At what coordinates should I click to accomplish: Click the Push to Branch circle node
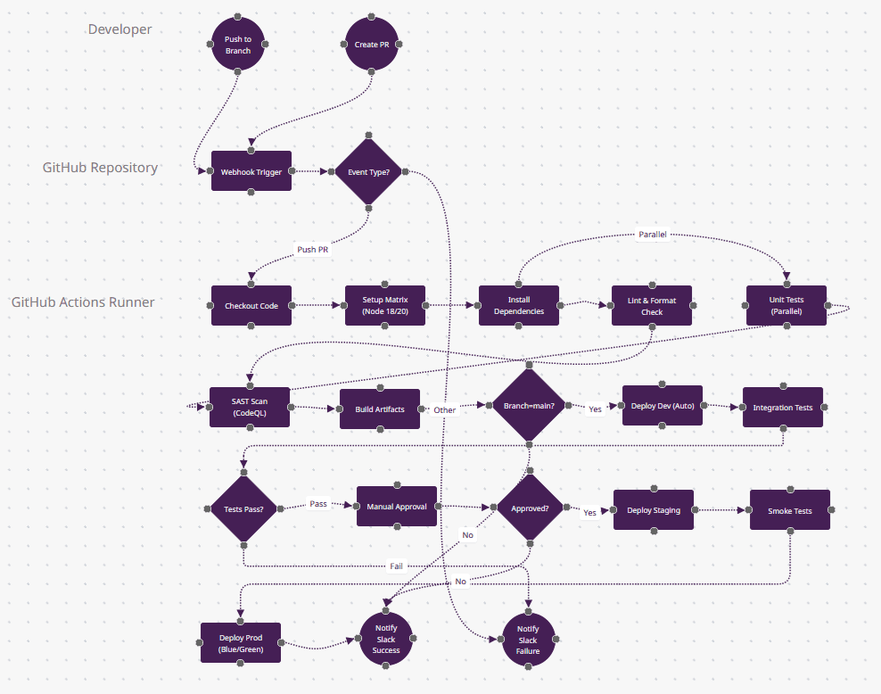tap(238, 45)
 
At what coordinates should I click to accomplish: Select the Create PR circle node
tap(372, 45)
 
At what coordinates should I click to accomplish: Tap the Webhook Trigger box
tap(251, 171)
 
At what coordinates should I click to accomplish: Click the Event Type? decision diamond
tap(367, 171)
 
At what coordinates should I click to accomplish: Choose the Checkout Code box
tap(251, 306)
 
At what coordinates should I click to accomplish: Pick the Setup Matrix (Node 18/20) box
tap(385, 306)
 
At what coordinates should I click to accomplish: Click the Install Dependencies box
tap(519, 306)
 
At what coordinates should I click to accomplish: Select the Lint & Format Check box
tap(652, 306)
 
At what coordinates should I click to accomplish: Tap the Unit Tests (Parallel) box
tap(786, 306)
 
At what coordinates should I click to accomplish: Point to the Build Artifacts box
tap(380, 409)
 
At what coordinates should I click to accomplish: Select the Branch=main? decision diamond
tap(529, 405)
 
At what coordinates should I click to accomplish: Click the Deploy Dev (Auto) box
tap(663, 407)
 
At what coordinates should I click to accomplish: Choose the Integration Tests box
tap(783, 407)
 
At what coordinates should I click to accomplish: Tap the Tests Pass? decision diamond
tap(243, 508)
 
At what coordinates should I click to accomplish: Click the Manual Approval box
tap(397, 507)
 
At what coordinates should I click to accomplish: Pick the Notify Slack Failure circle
tap(528, 640)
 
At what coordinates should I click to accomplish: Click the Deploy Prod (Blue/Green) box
tap(241, 643)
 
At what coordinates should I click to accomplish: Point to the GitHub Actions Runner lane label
tap(83, 302)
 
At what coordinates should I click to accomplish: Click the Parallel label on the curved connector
tap(652, 235)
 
